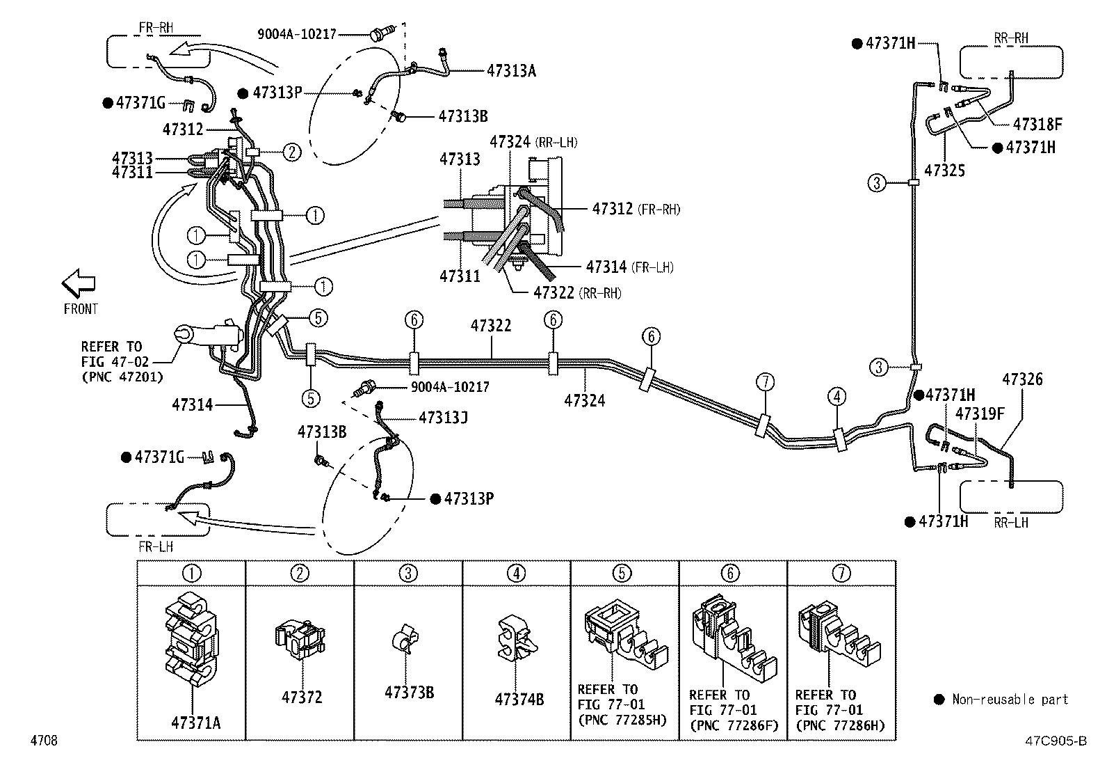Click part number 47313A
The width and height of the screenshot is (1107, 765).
click(511, 71)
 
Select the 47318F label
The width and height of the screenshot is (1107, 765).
click(1037, 124)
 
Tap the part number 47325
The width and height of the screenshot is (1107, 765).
click(944, 171)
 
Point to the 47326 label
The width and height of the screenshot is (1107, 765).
click(1022, 379)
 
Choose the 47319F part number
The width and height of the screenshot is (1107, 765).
click(980, 413)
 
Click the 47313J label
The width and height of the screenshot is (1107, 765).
click(443, 418)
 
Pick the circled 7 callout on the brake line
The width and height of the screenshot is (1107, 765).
click(765, 382)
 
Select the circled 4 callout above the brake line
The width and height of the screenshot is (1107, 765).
click(837, 396)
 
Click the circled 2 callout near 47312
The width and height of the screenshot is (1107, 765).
click(291, 152)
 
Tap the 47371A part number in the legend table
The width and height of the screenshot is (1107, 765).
click(195, 723)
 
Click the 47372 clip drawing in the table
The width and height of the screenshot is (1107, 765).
click(300, 639)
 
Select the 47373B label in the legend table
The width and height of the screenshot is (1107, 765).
click(409, 693)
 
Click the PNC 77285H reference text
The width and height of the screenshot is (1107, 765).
click(622, 720)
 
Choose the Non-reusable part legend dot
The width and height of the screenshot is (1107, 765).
click(939, 700)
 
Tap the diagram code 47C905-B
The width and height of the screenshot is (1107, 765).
click(1056, 741)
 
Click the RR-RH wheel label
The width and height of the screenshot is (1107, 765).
click(1011, 38)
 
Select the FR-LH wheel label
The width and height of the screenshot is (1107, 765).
click(156, 547)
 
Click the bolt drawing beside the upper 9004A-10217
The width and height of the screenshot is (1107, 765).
click(382, 33)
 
